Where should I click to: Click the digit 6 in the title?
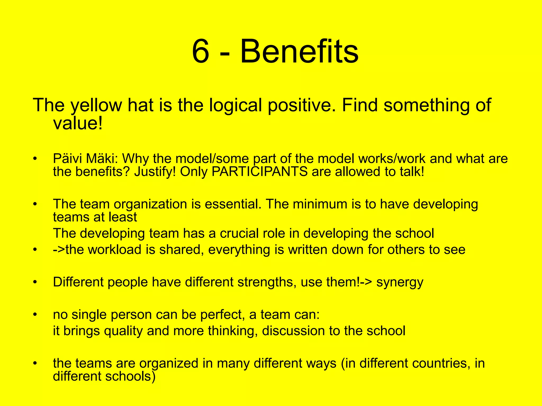pyautogui.click(x=201, y=51)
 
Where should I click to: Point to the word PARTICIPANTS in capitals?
pyautogui.click(x=260, y=172)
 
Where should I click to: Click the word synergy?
pyautogui.click(x=400, y=282)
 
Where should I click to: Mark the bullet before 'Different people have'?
pyautogui.click(x=35, y=282)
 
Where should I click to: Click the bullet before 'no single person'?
pyautogui.click(x=35, y=315)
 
